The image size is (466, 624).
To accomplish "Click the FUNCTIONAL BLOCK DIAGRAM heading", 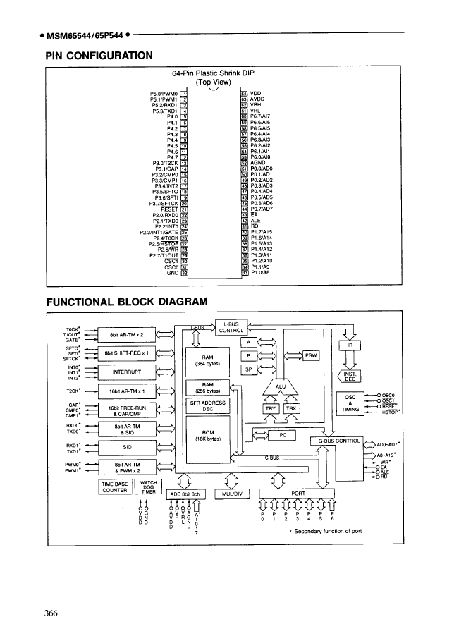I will point(127,302).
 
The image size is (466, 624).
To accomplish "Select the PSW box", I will point(311,355).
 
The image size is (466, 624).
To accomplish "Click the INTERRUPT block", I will point(123,370).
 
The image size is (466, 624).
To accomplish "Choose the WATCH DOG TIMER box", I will point(148,487).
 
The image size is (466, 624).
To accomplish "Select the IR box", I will point(350,345).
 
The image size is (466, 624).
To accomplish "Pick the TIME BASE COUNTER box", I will point(116,487).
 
